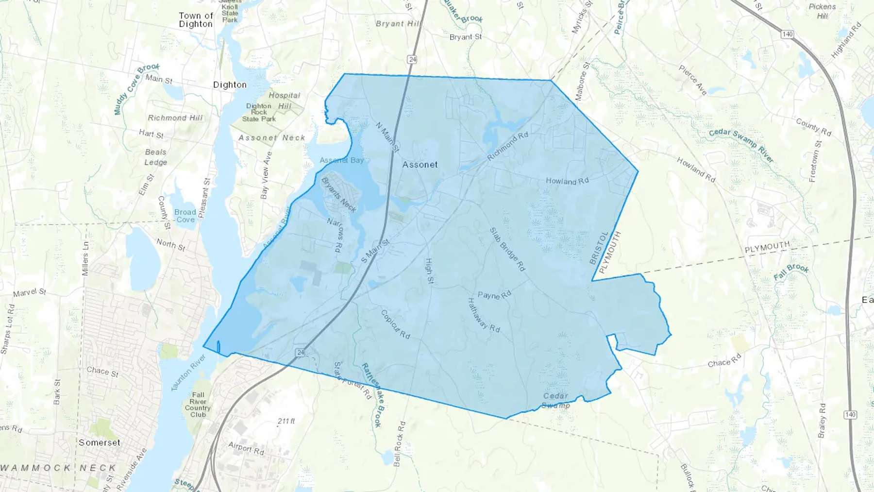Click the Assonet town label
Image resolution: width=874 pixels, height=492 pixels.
[420, 165]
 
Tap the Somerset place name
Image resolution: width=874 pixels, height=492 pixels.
[100, 442]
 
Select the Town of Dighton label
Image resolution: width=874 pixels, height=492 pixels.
[196, 20]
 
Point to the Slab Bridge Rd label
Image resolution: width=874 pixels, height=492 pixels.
[507, 249]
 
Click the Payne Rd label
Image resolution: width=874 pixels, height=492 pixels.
[494, 295]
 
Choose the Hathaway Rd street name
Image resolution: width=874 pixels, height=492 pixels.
[483, 315]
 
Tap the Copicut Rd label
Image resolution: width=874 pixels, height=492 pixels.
[395, 324]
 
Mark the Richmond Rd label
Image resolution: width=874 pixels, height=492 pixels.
[507, 146]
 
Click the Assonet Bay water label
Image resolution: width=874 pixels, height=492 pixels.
[341, 160]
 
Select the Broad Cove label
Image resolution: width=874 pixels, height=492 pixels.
[185, 216]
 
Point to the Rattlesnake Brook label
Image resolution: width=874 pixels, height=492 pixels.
[373, 395]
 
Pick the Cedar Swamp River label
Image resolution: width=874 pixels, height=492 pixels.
[741, 145]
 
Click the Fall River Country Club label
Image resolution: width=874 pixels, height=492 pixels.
[198, 405]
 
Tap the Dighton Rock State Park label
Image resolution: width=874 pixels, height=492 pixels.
[259, 112]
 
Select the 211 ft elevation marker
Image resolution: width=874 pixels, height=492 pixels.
[286, 421]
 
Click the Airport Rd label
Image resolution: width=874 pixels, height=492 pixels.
[246, 448]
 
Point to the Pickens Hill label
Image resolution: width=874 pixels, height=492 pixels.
[822, 11]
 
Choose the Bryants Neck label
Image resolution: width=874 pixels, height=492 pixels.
[339, 195]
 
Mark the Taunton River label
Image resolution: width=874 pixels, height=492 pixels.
[188, 372]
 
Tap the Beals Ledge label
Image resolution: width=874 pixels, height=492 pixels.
[155, 157]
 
